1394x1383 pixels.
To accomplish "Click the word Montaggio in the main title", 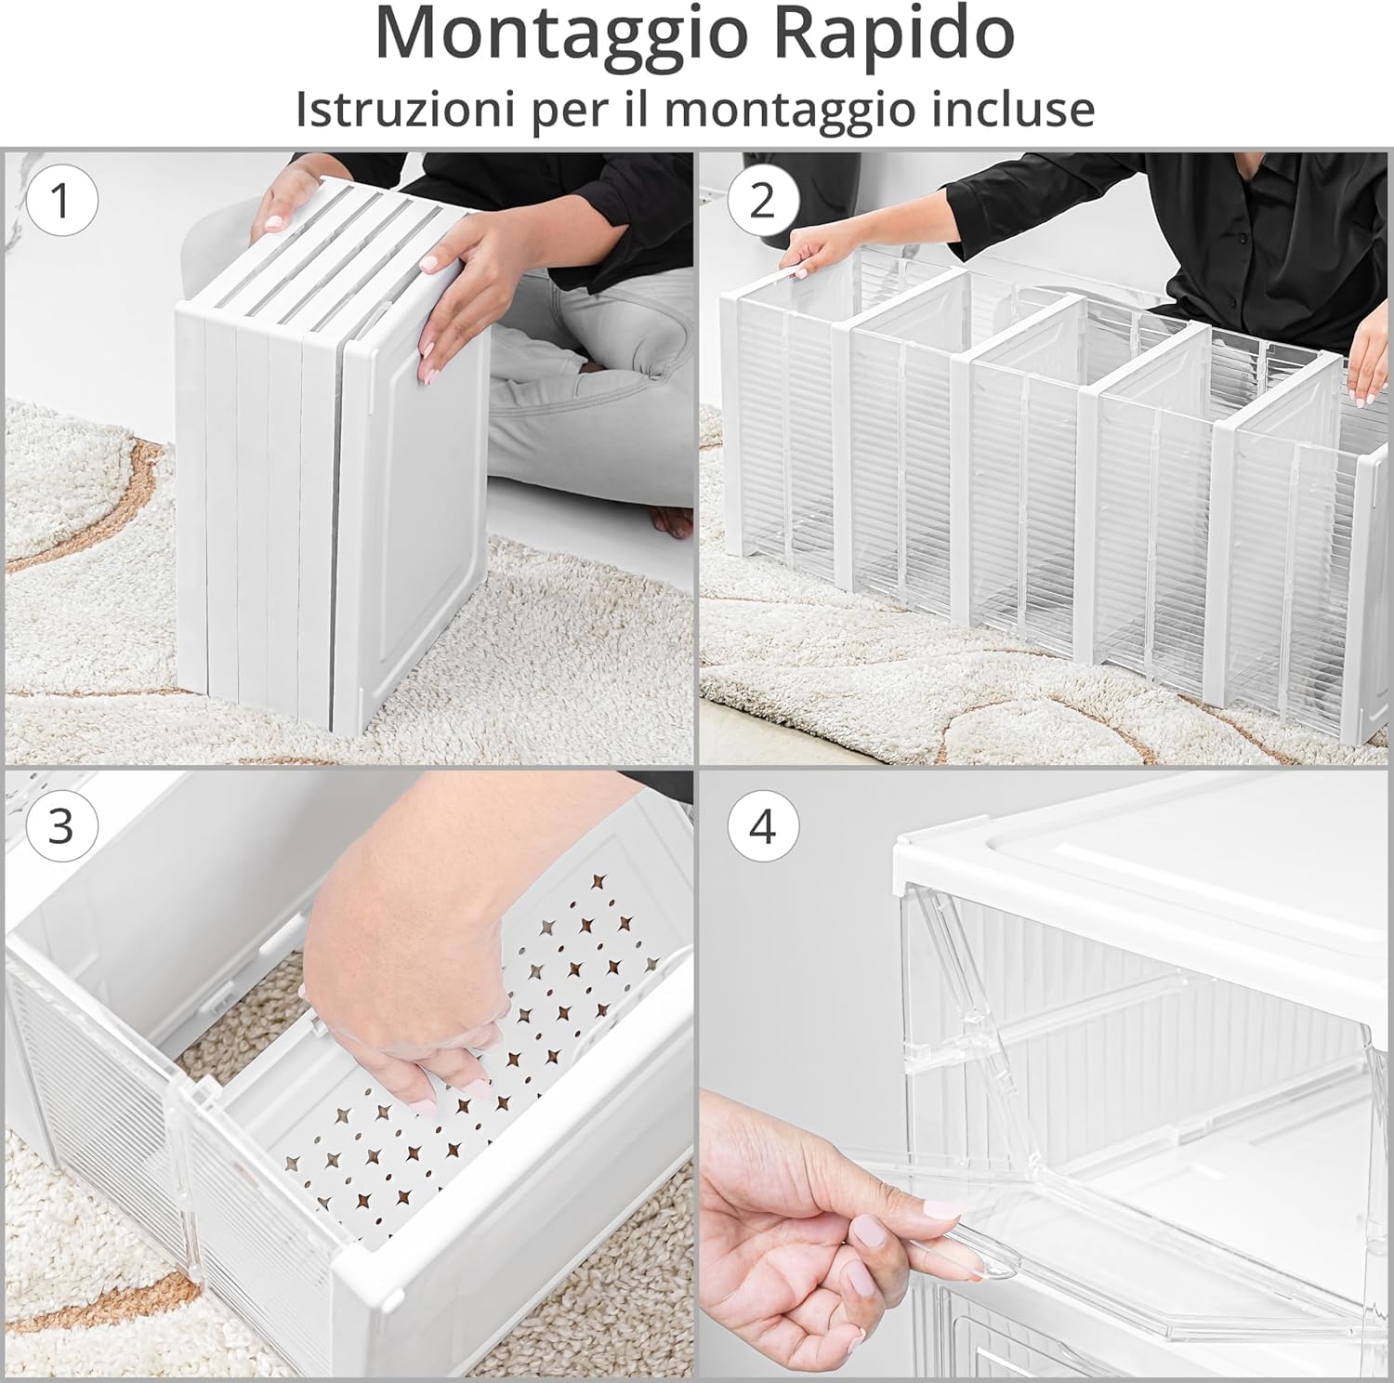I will tap(561, 35).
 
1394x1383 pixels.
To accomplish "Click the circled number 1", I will tap(61, 201).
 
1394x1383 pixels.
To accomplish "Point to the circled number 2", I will tap(762, 201).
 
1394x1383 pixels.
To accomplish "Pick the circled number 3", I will tap(61, 825).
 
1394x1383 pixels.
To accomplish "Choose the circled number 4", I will tap(762, 825).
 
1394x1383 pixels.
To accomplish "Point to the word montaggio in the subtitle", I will tap(788, 109).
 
